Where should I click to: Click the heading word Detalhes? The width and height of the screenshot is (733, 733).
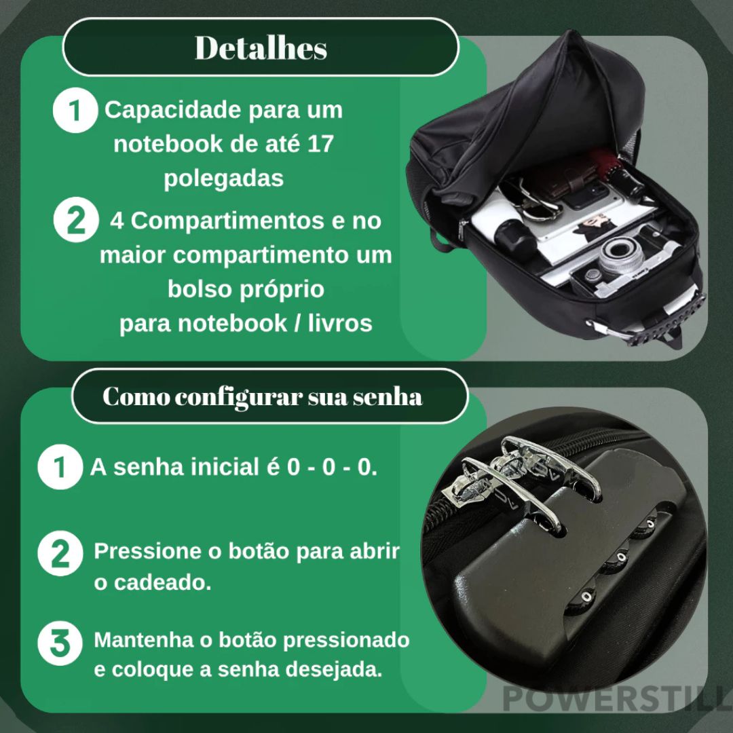[x=261, y=48]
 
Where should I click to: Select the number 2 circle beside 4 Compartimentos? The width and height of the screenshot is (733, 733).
[x=73, y=222]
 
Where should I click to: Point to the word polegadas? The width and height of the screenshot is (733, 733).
[x=223, y=178]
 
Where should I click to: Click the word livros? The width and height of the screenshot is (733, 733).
[x=339, y=324]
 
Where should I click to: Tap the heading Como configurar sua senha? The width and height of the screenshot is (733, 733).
[x=262, y=396]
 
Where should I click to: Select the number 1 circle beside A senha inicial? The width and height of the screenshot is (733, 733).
[x=60, y=468]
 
